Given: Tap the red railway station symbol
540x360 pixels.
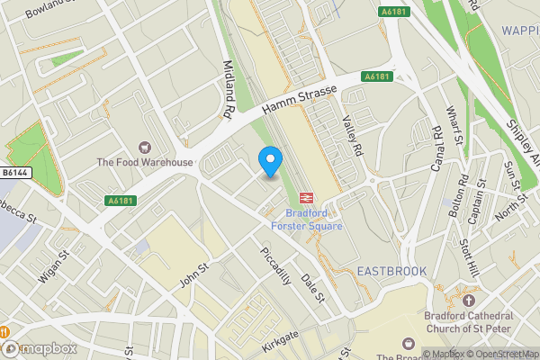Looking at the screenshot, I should pos(306,198).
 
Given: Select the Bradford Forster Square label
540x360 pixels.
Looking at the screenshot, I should pos(314,220).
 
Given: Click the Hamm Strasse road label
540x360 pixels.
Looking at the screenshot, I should pos(299,98).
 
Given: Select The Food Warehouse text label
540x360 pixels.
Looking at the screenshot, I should pos(145,162).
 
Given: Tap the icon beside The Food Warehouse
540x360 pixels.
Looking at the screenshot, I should pos(144,147).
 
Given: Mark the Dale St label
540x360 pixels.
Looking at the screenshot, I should pos(311,289).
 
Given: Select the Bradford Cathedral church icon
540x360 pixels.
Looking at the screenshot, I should pos(468,299).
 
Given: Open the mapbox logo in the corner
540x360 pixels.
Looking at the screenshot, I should pos(40,348).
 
